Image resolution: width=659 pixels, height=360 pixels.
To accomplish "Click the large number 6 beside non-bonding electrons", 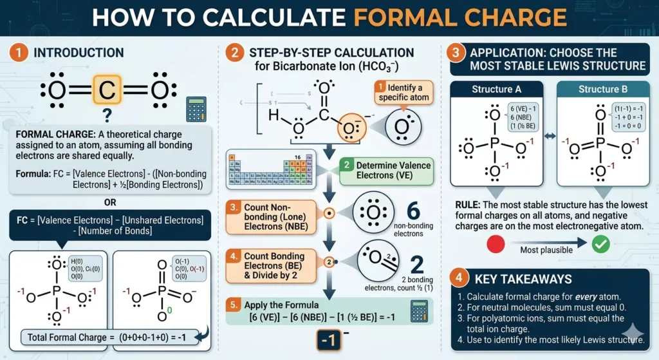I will tap(414, 212).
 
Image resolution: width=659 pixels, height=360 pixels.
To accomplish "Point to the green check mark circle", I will tap(600, 244).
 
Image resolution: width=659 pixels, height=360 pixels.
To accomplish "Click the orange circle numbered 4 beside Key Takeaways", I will tap(458, 280).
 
